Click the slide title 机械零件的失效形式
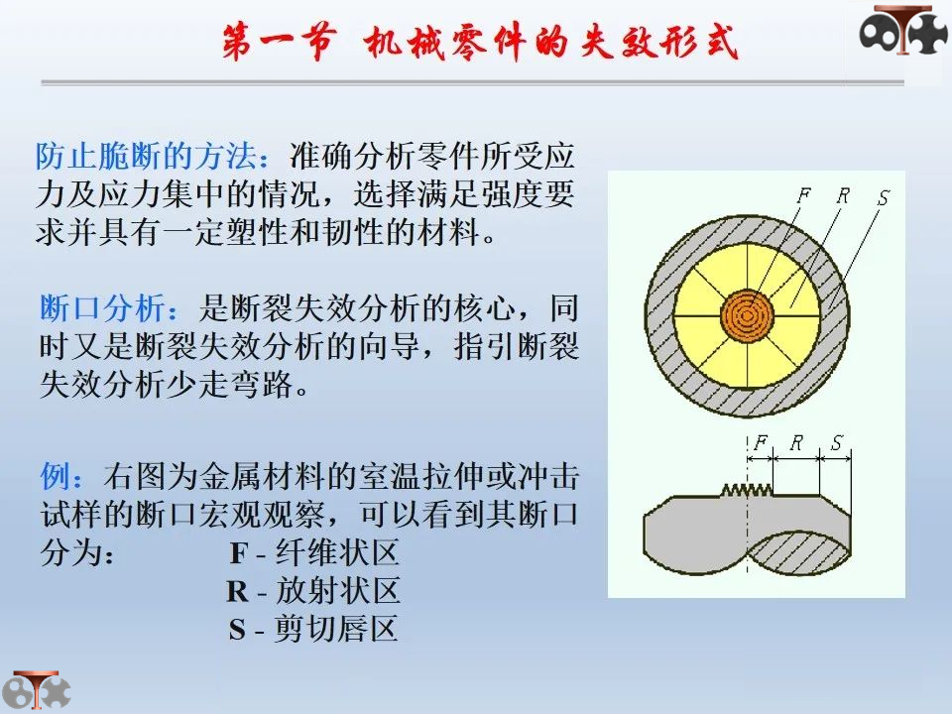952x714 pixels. pos(550,45)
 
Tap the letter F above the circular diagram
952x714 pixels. pos(803,195)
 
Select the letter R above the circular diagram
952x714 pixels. pos(842,195)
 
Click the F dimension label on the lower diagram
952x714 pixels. pos(761,443)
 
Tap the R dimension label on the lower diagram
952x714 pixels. pos(796,443)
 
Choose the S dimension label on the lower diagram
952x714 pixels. pos(836,443)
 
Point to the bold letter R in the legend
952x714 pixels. pos(237,592)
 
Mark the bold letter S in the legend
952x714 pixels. pos(237,630)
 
